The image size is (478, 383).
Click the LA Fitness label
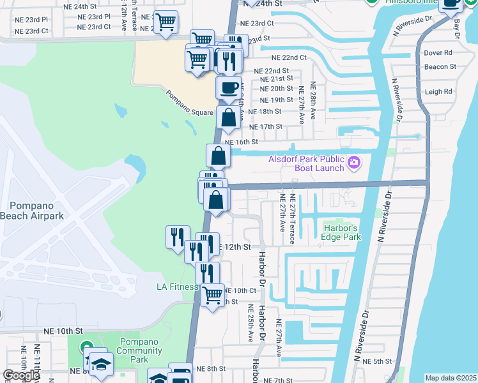(x=177, y=287)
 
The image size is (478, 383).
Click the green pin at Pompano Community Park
(x=88, y=348)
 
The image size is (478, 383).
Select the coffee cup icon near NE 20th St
(x=229, y=87)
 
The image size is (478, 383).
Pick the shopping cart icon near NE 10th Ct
(x=212, y=295)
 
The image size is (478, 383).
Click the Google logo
(x=21, y=375)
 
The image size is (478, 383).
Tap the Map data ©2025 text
(x=451, y=378)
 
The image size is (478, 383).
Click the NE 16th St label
(x=241, y=142)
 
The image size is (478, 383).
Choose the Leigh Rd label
(x=438, y=91)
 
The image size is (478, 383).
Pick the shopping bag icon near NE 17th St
(x=229, y=117)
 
